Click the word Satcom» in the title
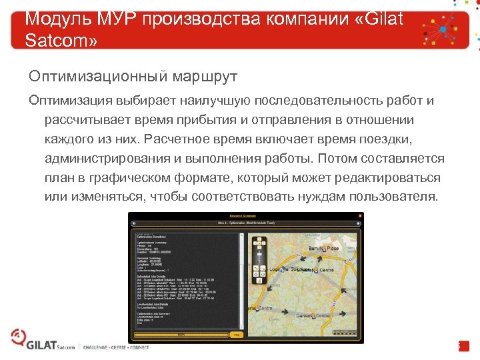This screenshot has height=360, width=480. (x=61, y=41)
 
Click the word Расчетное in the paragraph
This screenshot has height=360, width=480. (x=198, y=139)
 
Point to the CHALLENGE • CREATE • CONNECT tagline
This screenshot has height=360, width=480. (x=116, y=347)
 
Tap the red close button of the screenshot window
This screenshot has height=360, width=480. (x=360, y=215)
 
